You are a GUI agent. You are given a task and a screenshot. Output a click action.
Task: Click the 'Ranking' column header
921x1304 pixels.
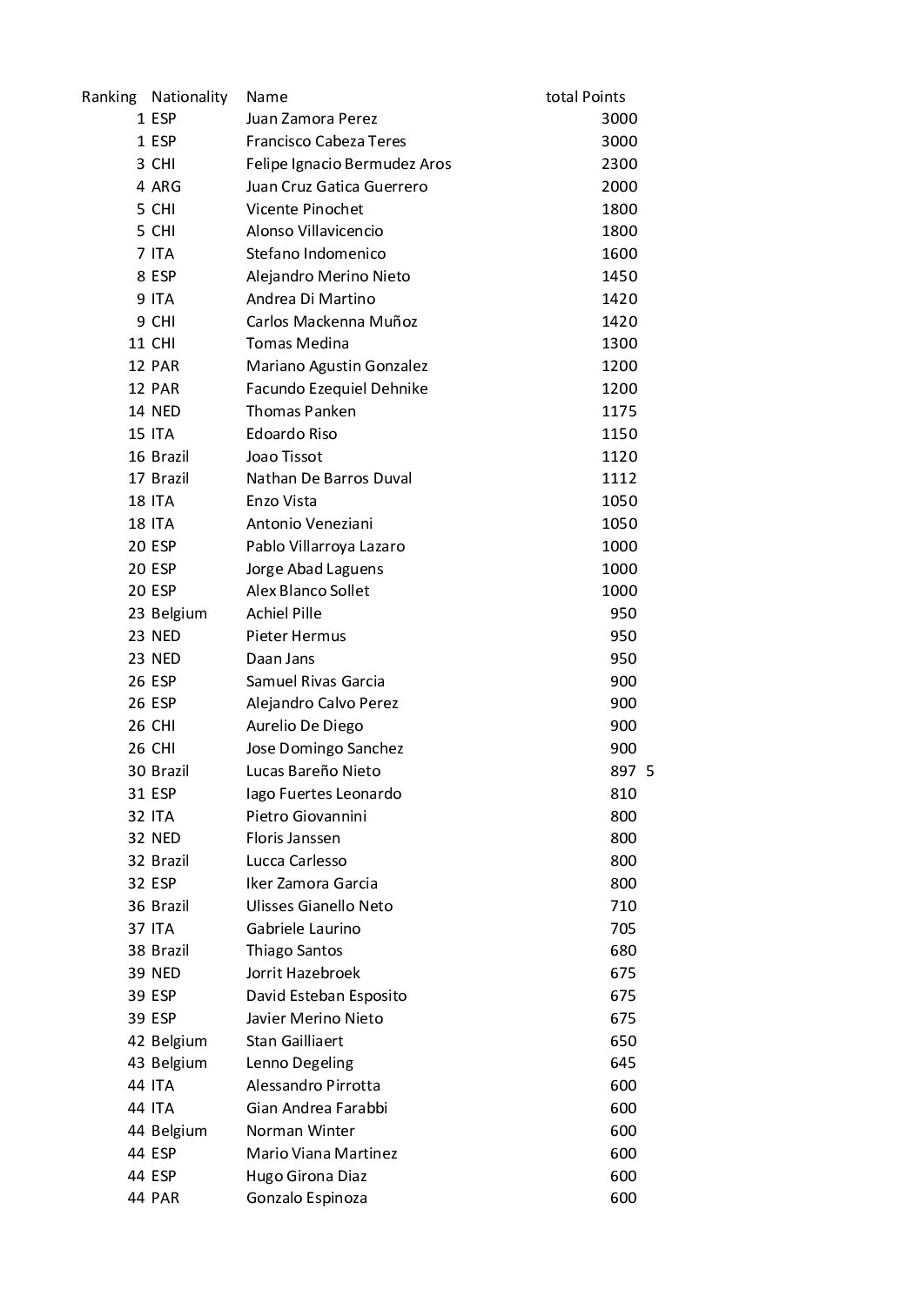[x=109, y=97]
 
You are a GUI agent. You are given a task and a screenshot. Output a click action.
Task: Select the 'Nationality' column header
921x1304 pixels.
[x=189, y=97]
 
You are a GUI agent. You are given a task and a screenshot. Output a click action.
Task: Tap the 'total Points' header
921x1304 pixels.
[x=585, y=97]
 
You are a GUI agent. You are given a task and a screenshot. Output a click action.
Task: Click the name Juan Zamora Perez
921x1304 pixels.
[x=312, y=118]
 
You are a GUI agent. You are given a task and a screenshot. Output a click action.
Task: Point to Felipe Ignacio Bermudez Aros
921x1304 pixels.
[x=348, y=164]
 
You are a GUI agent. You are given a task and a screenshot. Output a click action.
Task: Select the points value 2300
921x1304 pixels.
[x=619, y=164]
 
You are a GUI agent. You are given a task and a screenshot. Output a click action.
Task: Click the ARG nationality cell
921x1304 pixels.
[x=166, y=186]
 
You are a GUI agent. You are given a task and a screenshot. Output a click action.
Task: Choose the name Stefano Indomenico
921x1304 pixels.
[x=316, y=253]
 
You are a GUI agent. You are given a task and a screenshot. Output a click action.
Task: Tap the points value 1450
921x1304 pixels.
[x=619, y=276]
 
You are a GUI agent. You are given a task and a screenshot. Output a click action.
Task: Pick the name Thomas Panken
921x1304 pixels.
[x=300, y=411]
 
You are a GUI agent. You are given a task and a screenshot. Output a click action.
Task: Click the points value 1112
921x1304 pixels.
[x=619, y=478]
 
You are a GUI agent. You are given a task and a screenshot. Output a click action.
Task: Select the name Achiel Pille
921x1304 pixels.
[x=284, y=613]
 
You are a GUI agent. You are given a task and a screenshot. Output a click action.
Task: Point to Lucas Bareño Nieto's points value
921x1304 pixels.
[x=623, y=771]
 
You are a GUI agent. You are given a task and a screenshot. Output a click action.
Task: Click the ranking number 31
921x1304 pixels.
[x=136, y=794]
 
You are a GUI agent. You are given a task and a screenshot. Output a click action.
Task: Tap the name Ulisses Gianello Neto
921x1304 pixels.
[x=319, y=906]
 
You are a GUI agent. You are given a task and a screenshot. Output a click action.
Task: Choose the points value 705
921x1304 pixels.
[x=623, y=929]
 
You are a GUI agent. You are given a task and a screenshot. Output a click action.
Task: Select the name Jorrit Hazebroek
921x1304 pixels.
[x=303, y=973]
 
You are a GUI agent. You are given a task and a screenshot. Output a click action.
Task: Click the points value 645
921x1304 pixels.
[x=623, y=1063]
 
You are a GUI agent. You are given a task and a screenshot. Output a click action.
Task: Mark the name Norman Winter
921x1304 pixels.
[x=300, y=1131]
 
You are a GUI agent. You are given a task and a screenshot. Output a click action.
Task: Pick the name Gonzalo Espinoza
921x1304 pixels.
[x=306, y=1198]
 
